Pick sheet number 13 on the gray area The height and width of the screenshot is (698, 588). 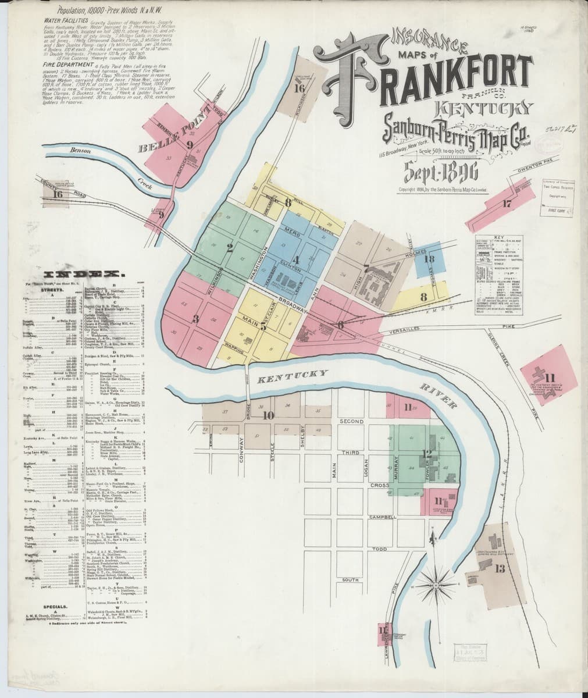[x=500, y=568]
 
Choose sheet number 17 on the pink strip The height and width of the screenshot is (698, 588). [x=507, y=204]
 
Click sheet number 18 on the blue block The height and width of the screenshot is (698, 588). [x=430, y=259]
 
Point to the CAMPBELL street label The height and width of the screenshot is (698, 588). [x=383, y=517]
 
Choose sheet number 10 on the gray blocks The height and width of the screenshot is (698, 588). [x=268, y=415]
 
